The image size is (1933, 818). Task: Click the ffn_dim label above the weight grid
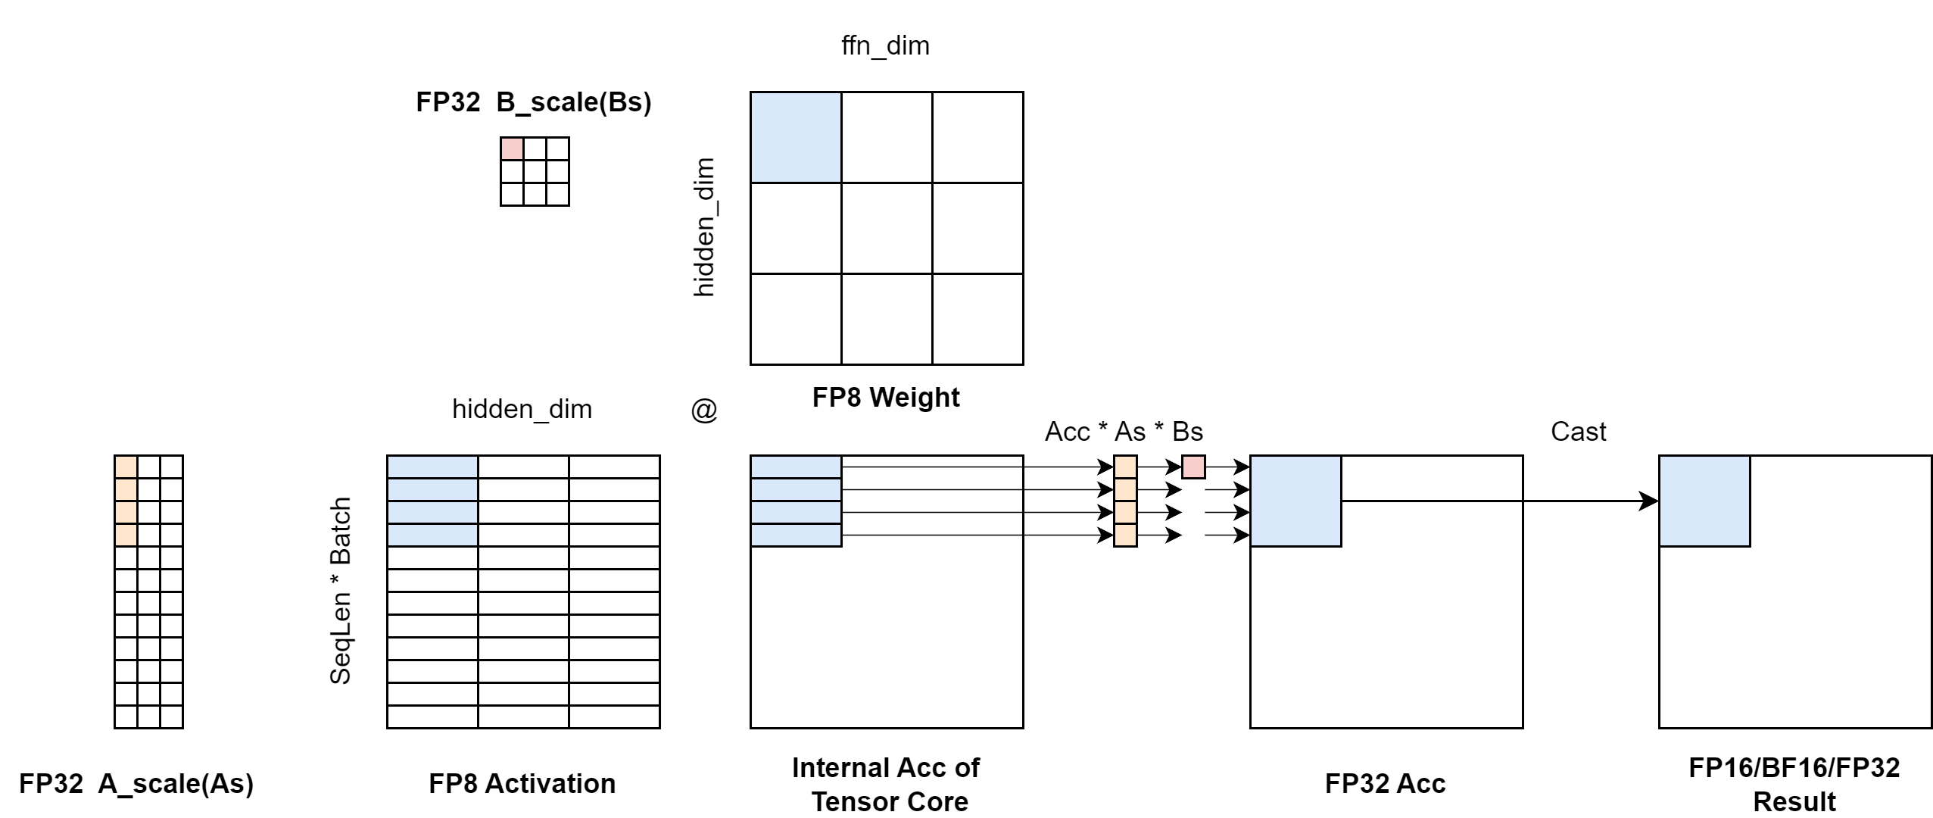pyautogui.click(x=885, y=45)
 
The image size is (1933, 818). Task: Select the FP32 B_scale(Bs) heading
pyautogui.click(x=534, y=102)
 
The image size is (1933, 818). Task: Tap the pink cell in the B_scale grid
pyautogui.click(x=512, y=148)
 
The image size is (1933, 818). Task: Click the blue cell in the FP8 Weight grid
pyautogui.click(x=796, y=137)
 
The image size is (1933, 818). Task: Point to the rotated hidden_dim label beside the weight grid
pyautogui.click(x=704, y=227)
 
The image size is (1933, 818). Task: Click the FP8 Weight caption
pyautogui.click(x=886, y=397)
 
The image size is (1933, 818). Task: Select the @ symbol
pyautogui.click(x=704, y=410)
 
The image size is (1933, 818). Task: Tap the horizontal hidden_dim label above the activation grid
pyautogui.click(x=522, y=409)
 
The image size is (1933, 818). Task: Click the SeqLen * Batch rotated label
pyautogui.click(x=341, y=591)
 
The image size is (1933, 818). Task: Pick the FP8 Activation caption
pyautogui.click(x=522, y=783)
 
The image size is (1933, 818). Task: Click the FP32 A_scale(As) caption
pyautogui.click(x=136, y=783)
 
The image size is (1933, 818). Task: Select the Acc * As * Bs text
pyautogui.click(x=1124, y=432)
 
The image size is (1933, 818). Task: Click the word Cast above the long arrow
pyautogui.click(x=1578, y=431)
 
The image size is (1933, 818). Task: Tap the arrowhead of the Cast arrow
pyautogui.click(x=1649, y=501)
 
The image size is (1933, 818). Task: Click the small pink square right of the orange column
pyautogui.click(x=1193, y=467)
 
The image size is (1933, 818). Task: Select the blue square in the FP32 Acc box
pyautogui.click(x=1295, y=501)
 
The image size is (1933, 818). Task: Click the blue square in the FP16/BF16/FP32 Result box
pyautogui.click(x=1704, y=501)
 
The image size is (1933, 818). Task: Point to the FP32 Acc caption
pyautogui.click(x=1385, y=783)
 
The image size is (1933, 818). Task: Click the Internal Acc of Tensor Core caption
pyautogui.click(x=886, y=784)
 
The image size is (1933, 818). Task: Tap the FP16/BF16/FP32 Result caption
pyautogui.click(x=1794, y=784)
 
